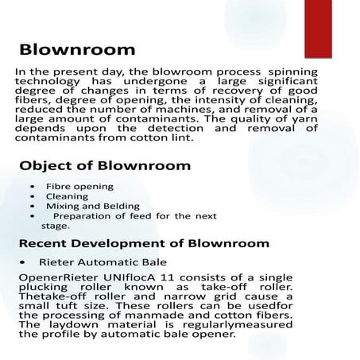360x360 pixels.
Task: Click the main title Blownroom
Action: [77, 49]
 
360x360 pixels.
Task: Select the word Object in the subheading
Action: [46, 166]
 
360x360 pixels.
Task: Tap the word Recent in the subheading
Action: [45, 243]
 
